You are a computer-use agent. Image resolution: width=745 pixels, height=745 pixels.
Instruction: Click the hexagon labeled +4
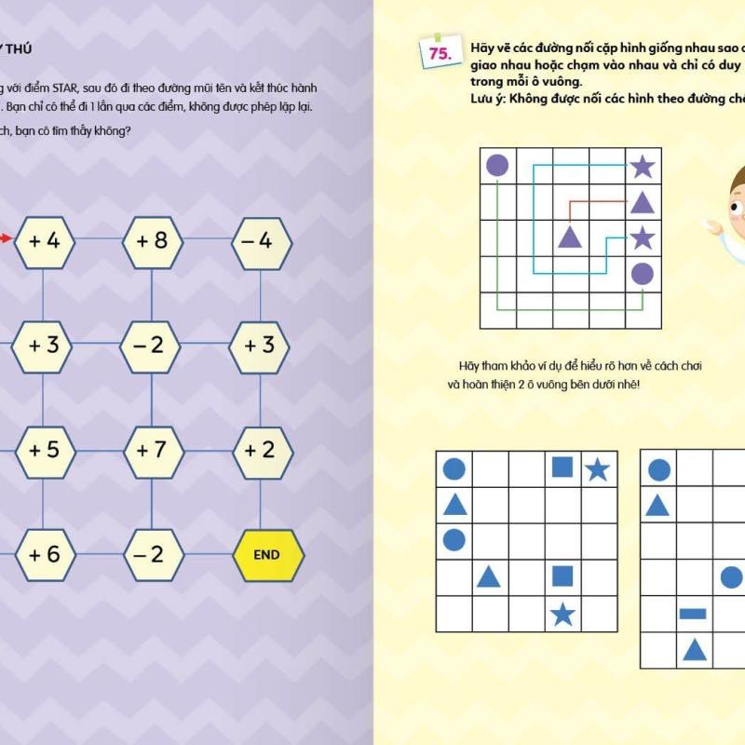[44, 241]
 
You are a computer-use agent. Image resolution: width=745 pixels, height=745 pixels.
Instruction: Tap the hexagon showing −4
[262, 241]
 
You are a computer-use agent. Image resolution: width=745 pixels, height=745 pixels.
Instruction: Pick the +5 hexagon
[44, 450]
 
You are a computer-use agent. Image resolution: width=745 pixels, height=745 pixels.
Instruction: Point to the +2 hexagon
[262, 450]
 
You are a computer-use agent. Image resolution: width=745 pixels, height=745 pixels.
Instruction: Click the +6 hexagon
[44, 554]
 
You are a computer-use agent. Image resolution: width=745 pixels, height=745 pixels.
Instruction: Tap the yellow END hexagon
[266, 554]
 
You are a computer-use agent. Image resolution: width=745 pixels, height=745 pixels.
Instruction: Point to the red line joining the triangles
[596, 200]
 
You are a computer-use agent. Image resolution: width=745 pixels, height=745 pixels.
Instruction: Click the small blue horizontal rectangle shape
[693, 614]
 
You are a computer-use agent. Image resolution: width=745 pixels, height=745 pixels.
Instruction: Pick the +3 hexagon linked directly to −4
[262, 345]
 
